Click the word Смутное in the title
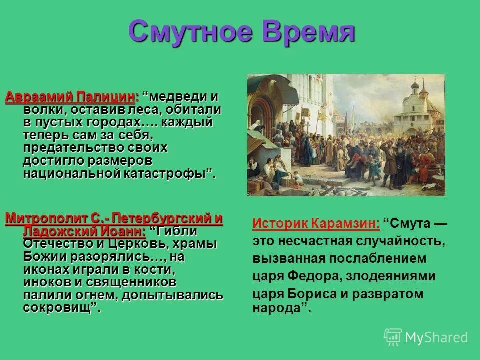[188, 32]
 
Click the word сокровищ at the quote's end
[58, 308]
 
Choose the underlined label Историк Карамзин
[316, 223]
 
